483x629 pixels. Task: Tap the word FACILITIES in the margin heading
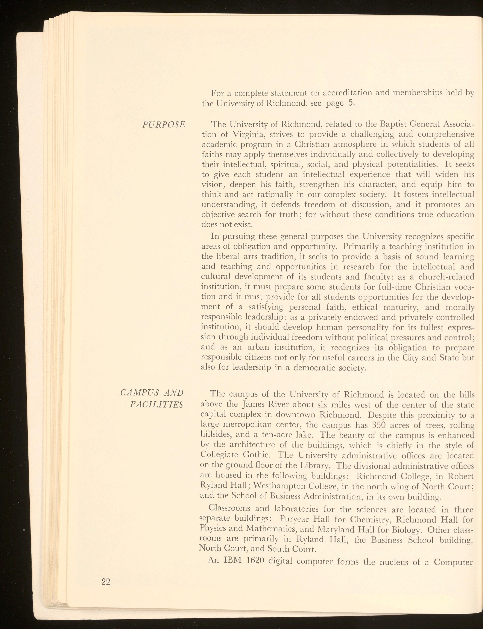pyautogui.click(x=156, y=405)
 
